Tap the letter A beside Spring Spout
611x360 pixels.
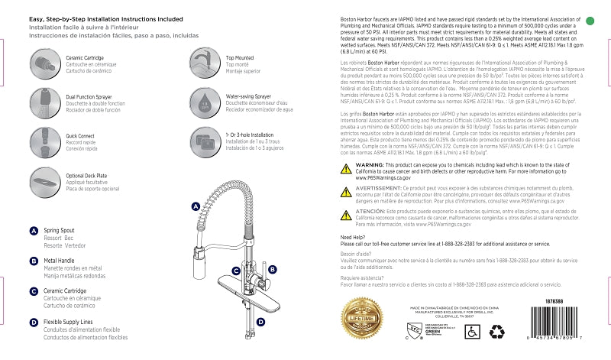click(x=34, y=231)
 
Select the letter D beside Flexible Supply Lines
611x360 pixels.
click(x=34, y=322)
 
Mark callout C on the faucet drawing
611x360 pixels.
click(x=237, y=271)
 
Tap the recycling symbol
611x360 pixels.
click(x=497, y=331)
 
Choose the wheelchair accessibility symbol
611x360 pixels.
click(x=472, y=331)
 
